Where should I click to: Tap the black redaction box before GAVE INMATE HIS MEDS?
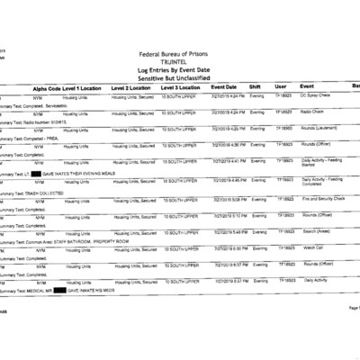click(60, 290)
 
